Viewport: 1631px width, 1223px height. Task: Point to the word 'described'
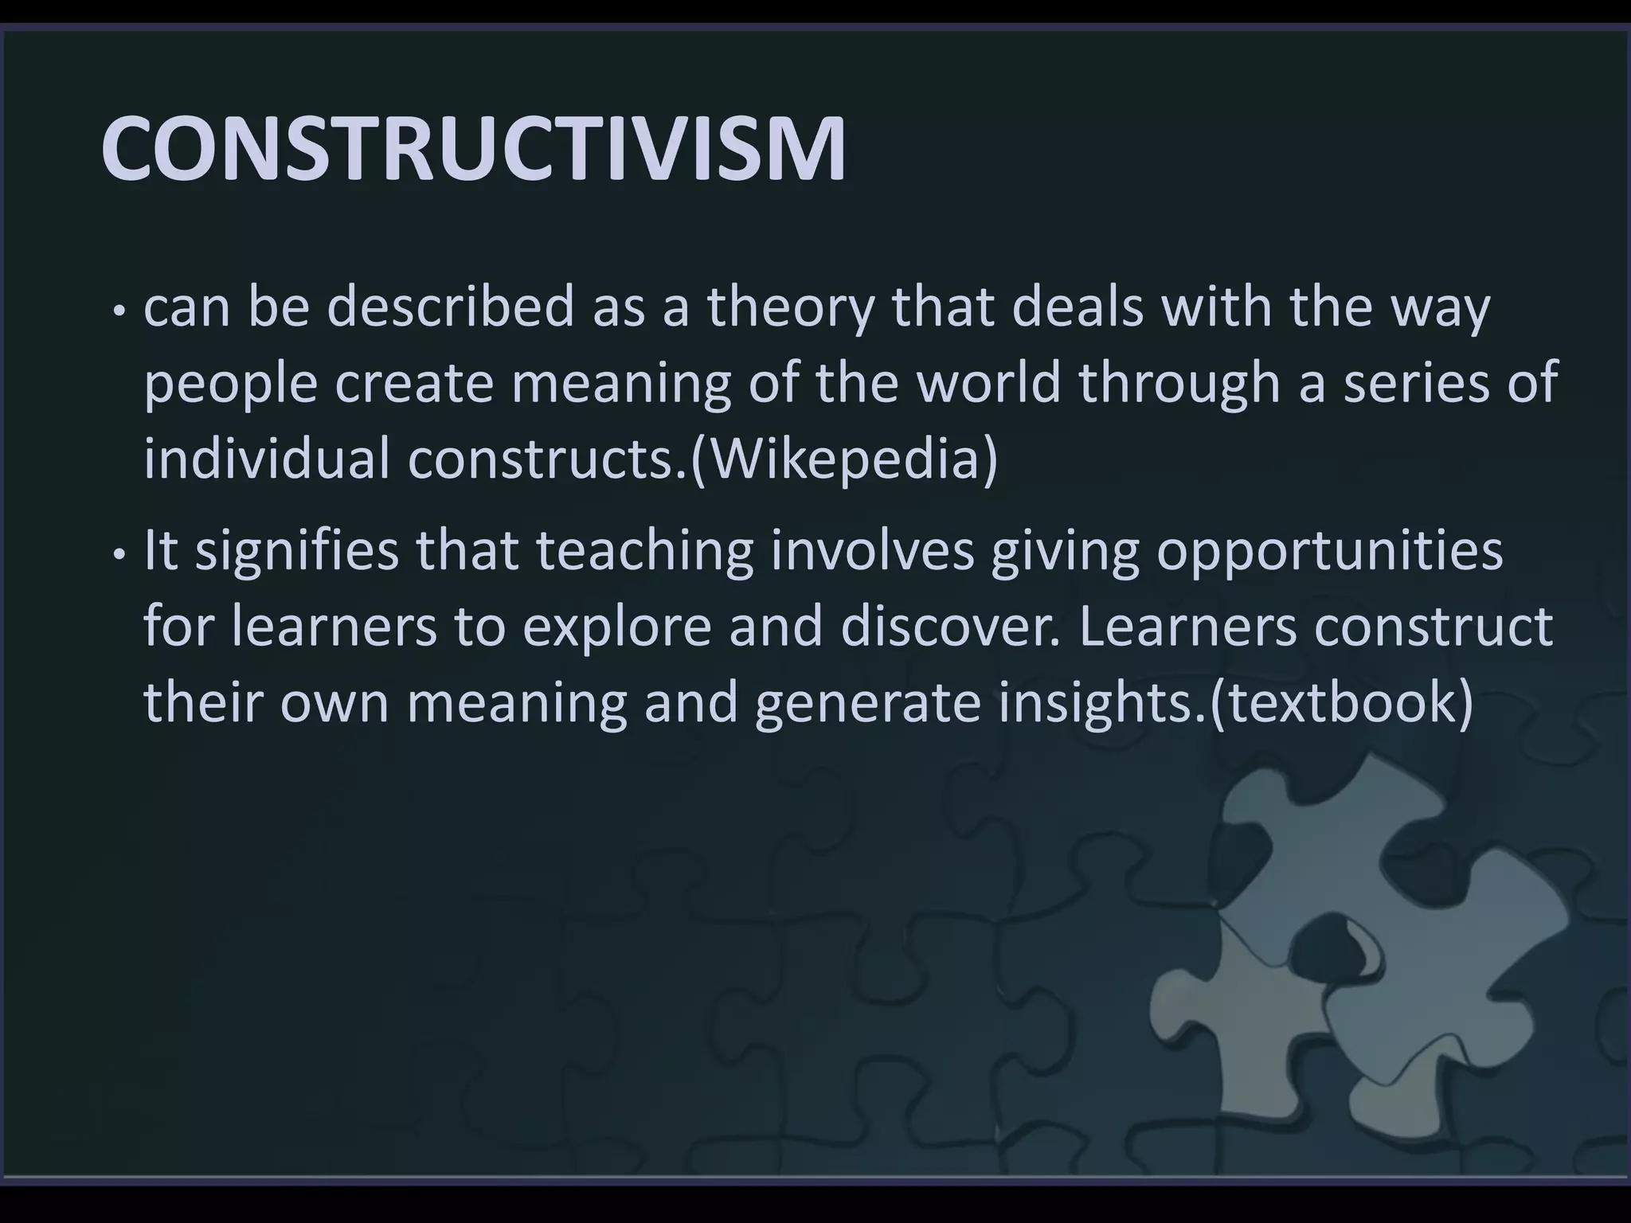(450, 307)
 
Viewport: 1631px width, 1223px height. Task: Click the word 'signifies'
(296, 551)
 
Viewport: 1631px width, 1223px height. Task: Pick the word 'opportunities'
(1328, 551)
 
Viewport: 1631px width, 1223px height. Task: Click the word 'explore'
(616, 627)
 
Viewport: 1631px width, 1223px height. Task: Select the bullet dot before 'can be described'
(119, 311)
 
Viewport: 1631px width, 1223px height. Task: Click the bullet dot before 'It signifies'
(119, 553)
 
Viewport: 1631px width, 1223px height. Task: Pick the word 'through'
(1179, 384)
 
